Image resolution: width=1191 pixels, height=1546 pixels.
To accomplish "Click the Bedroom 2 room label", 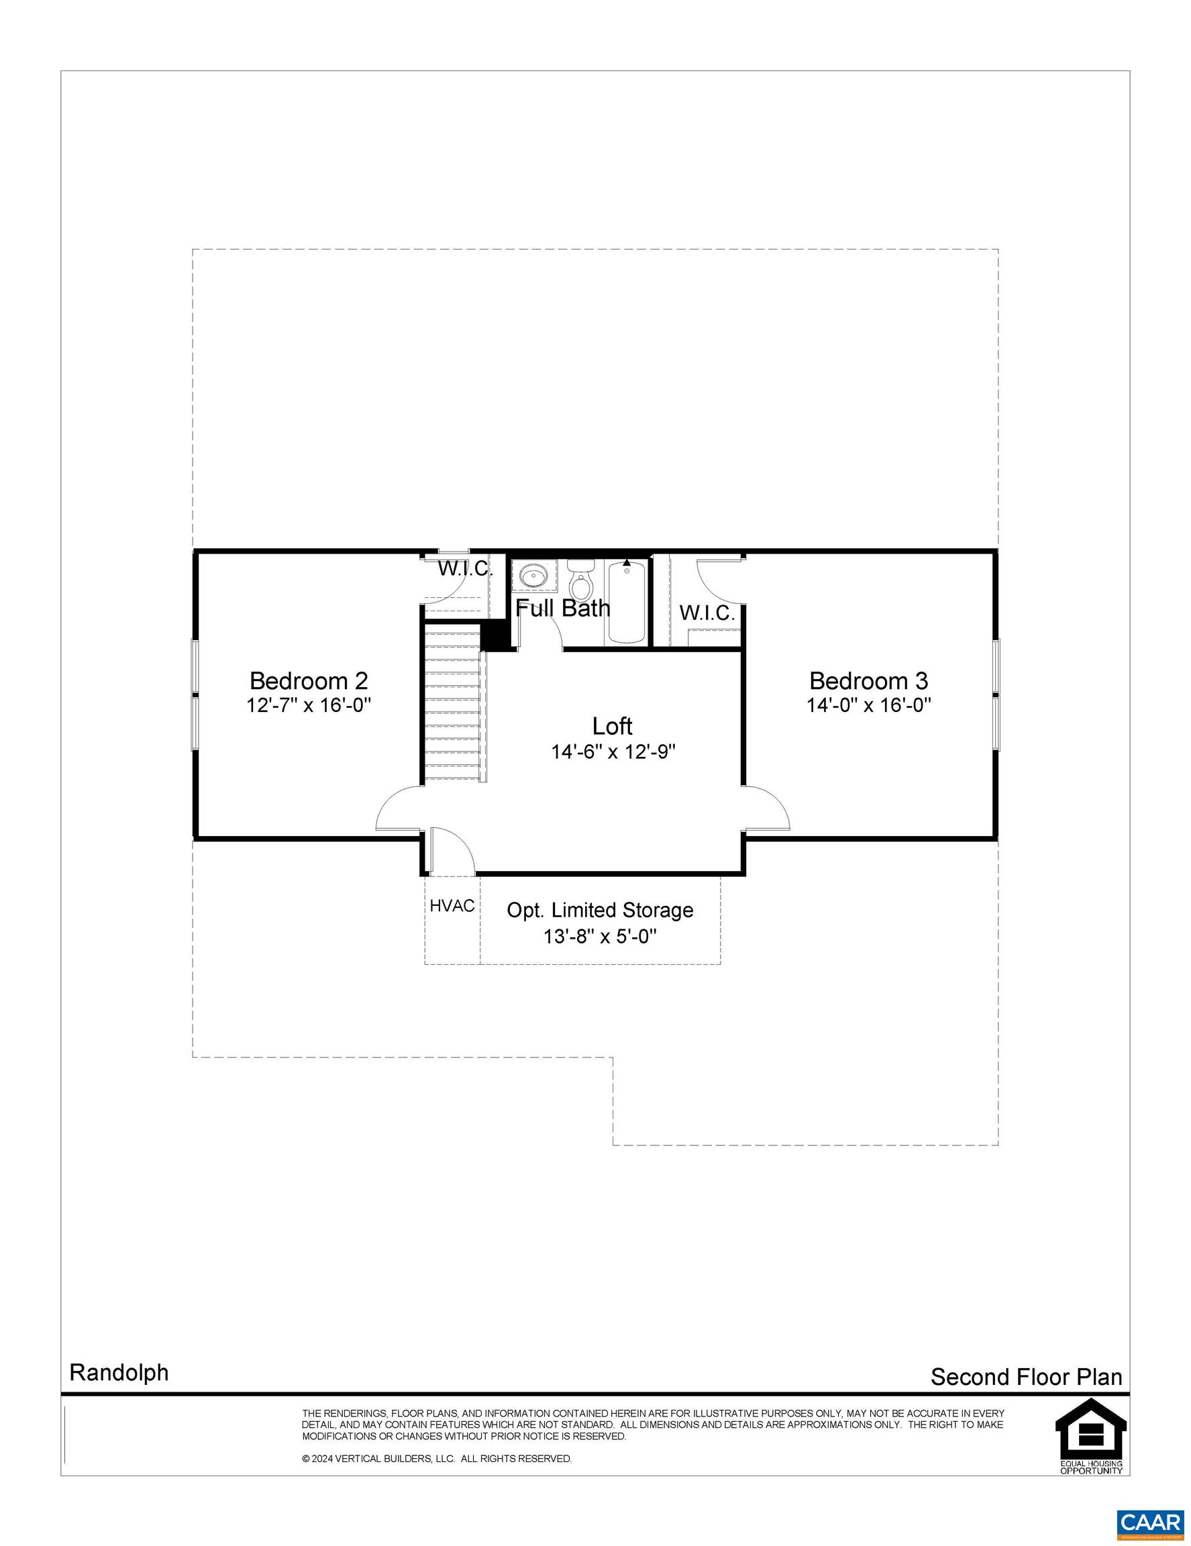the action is pyautogui.click(x=309, y=680).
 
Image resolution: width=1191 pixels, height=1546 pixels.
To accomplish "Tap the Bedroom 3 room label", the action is pyautogui.click(x=868, y=680).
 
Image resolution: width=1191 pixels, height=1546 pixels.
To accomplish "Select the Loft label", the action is pyautogui.click(x=612, y=725).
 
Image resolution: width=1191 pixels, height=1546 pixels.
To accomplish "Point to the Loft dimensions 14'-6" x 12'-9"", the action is pyautogui.click(x=613, y=752).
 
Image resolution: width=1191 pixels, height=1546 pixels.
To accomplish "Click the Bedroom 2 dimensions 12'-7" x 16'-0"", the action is pyautogui.click(x=309, y=705).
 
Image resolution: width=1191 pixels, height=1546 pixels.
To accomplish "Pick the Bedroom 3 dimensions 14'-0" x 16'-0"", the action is pyautogui.click(x=868, y=705).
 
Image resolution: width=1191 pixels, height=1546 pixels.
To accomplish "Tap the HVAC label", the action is pyautogui.click(x=452, y=905).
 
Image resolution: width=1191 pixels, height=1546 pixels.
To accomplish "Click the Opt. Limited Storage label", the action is pyautogui.click(x=600, y=910).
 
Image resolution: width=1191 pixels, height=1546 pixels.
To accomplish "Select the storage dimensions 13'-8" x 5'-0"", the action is pyautogui.click(x=600, y=937).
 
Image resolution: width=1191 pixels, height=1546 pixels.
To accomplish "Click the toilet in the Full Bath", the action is pyautogui.click(x=581, y=578).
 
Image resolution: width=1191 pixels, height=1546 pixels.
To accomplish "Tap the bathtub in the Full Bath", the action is pyautogui.click(x=626, y=601).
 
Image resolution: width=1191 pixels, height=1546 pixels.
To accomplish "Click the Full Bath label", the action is pyautogui.click(x=562, y=607).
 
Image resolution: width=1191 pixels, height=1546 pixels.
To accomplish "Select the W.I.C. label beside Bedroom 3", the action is pyautogui.click(x=708, y=613).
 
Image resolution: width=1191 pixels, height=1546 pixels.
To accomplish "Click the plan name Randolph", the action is pyautogui.click(x=119, y=1373).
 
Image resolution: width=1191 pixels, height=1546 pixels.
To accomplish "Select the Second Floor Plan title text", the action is pyautogui.click(x=1026, y=1377).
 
